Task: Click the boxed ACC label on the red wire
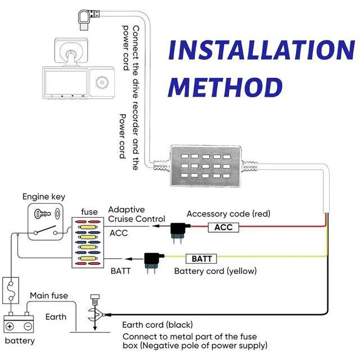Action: point(223,227)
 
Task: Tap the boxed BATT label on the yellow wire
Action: point(201,259)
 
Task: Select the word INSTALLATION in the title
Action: point(262,50)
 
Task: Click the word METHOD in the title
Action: point(225,87)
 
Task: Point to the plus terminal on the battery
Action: point(10,326)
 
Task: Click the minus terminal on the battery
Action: point(28,326)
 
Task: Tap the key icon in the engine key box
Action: point(42,214)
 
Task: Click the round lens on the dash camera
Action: point(102,82)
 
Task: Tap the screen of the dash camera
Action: point(66,83)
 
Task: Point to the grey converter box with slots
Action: point(206,166)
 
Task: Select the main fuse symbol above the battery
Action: point(11,290)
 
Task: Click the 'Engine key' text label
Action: point(44,197)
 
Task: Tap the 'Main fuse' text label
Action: point(49,295)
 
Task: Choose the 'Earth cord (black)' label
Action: point(157,325)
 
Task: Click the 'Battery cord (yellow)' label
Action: point(215,271)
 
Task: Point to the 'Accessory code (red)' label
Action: point(228,214)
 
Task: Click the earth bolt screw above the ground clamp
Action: point(94,299)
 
